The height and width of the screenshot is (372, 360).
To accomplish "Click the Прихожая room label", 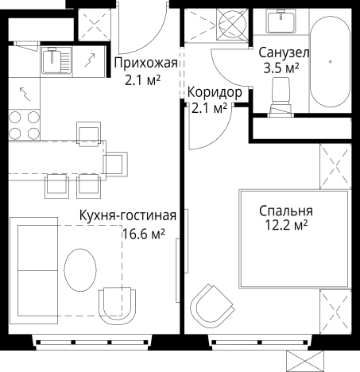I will [x=145, y=63].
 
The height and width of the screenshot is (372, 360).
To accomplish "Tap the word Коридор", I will [x=214, y=91].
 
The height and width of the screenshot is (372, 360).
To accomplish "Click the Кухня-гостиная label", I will [x=127, y=215].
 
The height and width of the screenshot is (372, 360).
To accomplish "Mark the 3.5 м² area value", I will [x=281, y=68].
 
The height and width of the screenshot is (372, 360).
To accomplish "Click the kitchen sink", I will [x=53, y=59].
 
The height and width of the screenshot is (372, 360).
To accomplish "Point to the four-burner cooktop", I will [x=25, y=122].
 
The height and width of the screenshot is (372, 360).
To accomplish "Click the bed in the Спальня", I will [x=294, y=238].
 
